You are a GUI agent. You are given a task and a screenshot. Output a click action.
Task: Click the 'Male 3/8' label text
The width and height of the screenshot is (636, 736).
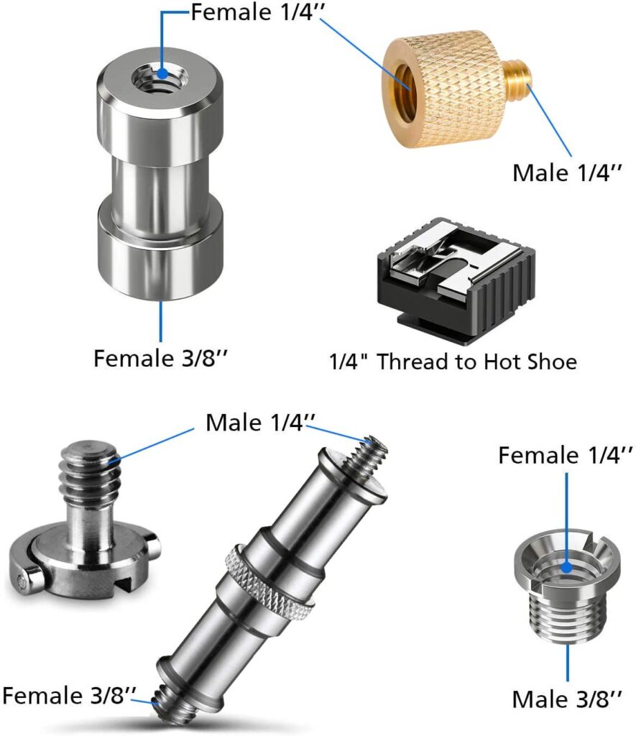point(566,699)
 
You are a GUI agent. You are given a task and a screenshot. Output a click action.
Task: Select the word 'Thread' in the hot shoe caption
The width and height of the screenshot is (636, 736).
point(413,362)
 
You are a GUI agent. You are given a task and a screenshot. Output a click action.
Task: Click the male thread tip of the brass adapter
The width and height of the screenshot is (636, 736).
point(518,74)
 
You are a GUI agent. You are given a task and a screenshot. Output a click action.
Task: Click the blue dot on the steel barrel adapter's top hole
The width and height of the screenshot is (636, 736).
point(162,74)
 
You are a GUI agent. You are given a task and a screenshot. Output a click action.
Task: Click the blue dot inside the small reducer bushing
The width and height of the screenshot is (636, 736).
point(567,568)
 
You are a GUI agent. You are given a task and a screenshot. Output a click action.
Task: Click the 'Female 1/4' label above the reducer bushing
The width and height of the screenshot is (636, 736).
point(565,455)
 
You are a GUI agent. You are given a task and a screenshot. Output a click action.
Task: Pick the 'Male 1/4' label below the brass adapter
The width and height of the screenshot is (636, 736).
point(566,172)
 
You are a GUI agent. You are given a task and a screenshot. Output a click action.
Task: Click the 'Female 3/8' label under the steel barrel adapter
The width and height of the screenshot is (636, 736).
point(160,358)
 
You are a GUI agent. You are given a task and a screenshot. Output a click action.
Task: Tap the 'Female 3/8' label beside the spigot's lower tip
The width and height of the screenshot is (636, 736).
point(69,695)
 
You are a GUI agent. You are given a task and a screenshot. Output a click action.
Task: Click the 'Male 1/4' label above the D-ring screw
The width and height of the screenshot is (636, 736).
point(260,423)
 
